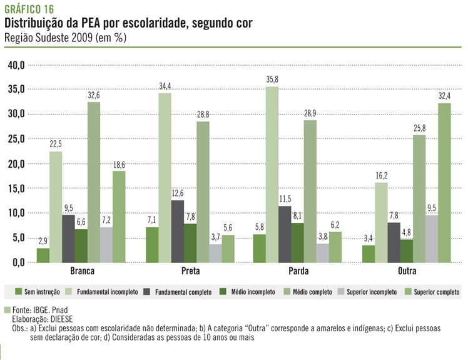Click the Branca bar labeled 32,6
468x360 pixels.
[93, 182]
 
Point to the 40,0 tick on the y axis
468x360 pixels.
[16, 65]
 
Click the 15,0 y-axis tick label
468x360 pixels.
[16, 188]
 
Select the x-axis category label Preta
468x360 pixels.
[181, 271]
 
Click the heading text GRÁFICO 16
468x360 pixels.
[29, 9]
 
